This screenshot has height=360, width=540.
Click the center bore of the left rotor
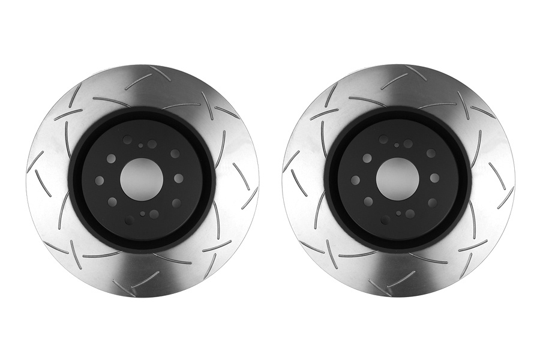[x=142, y=179]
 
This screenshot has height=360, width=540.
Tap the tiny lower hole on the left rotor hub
[x=143, y=213]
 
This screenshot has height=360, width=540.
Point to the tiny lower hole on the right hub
[x=399, y=213]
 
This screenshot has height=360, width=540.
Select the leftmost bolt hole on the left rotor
[x=100, y=180]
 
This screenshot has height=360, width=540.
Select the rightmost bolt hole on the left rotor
[x=178, y=178]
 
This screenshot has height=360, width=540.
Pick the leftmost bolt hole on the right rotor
[x=356, y=180]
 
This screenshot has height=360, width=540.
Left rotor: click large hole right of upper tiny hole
[x=152, y=144]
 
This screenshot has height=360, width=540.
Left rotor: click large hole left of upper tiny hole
[x=127, y=139]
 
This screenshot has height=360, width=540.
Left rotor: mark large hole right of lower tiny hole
[x=154, y=214]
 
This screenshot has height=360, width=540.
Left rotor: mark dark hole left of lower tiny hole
[x=129, y=220]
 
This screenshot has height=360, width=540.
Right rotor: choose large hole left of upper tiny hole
[x=383, y=139]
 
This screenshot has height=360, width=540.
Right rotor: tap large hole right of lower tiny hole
[x=410, y=214]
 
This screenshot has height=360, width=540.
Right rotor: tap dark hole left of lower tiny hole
[x=385, y=220]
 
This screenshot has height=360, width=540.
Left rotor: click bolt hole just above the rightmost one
[x=175, y=154]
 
